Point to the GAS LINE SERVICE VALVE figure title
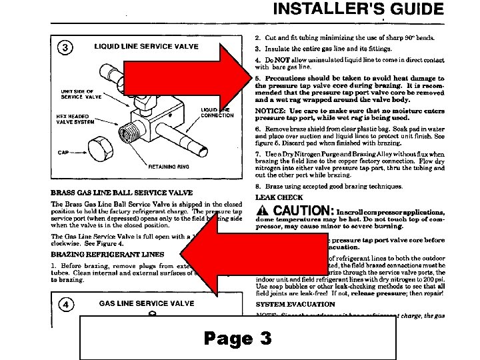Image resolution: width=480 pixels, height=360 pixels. pyautogui.click(x=147, y=304)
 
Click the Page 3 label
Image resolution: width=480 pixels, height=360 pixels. pyautogui.click(x=238, y=339)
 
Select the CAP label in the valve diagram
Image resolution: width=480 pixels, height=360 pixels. pyautogui.click(x=63, y=153)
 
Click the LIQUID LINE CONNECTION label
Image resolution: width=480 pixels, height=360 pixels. pyautogui.click(x=217, y=112)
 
